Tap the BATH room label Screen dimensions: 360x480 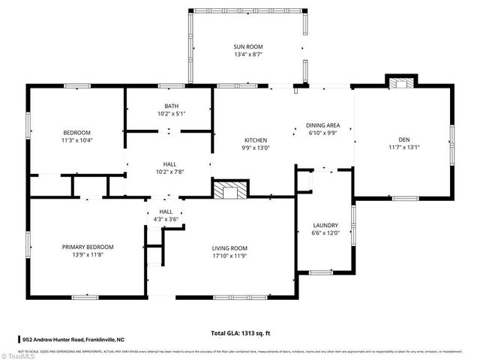[x=171, y=106]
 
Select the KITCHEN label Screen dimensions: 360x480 [x=256, y=140]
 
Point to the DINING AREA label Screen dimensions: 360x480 [x=322, y=125]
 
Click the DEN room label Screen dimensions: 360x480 [x=403, y=139]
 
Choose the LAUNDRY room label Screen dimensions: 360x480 [x=325, y=225]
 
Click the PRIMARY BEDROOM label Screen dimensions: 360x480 [x=88, y=247]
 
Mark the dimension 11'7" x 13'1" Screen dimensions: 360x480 [x=403, y=147]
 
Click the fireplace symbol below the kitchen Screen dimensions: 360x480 [x=230, y=190]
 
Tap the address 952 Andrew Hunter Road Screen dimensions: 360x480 [x=73, y=340]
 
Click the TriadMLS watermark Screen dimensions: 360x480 [x=20, y=354]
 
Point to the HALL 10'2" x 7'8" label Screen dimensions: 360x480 [x=170, y=167]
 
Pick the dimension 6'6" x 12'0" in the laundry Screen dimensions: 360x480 [x=325, y=232]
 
